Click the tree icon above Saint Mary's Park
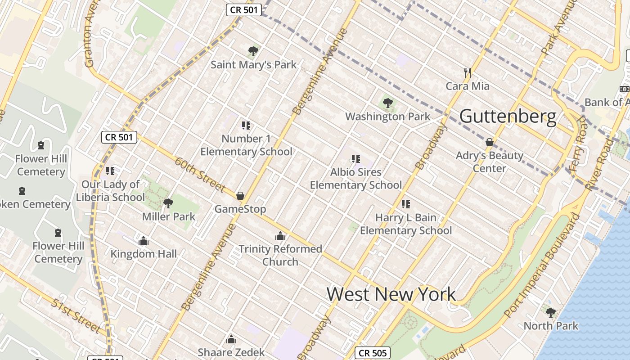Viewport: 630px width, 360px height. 253,51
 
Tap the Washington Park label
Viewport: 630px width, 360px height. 387,117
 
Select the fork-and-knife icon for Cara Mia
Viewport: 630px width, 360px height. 468,72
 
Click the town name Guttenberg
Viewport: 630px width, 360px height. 508,116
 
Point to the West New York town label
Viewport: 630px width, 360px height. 391,294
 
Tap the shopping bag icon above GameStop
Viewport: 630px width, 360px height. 240,196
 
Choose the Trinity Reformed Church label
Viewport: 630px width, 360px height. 280,255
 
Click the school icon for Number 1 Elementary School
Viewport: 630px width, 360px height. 246,125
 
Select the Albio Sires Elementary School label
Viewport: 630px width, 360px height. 356,179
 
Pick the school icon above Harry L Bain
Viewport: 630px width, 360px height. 406,204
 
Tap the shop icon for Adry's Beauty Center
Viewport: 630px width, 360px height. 490,143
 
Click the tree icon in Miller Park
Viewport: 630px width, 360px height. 168,203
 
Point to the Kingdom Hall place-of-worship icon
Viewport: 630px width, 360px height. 144,241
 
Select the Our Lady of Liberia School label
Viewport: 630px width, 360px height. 111,191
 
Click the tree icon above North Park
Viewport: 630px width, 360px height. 550,312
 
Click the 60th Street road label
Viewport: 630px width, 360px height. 199,174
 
